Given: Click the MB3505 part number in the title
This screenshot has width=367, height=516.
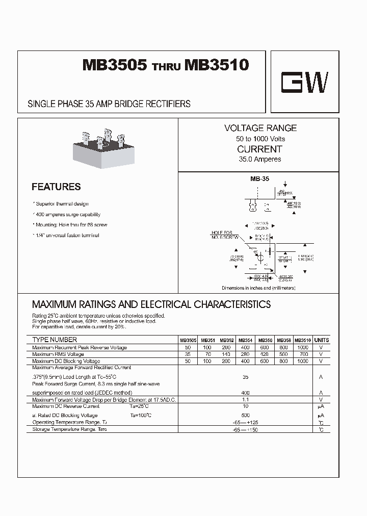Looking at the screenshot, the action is point(115,66).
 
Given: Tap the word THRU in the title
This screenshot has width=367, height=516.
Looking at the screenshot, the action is point(166,68).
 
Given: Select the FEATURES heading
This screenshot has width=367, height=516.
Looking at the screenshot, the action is point(56,187).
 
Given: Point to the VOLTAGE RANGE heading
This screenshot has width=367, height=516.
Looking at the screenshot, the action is point(260,128).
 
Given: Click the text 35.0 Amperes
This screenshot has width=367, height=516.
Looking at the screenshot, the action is point(260,160).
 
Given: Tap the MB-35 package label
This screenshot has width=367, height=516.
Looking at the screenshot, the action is point(259,179).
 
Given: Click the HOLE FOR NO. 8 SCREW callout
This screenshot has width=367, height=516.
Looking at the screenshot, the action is point(225,235).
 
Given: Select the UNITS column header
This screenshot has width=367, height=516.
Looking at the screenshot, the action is point(322,340).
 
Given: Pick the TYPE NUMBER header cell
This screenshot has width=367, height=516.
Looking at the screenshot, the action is point(55,340).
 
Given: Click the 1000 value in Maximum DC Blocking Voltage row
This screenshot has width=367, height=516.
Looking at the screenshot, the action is point(302,361).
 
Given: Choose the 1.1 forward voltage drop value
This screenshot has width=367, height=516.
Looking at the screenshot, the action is point(246,400).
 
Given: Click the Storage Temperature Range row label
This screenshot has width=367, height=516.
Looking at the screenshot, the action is point(69,429).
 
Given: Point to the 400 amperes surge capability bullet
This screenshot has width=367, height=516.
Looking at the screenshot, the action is point(67,215).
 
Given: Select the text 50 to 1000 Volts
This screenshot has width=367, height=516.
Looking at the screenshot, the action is point(260,139).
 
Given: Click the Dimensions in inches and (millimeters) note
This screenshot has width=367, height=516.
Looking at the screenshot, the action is point(258,288).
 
